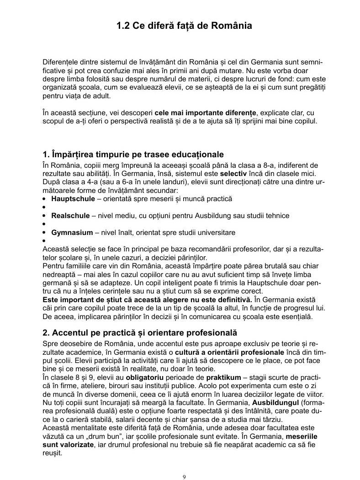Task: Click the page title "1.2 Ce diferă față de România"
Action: pyautogui.click(x=184, y=26)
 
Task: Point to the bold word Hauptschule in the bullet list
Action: pyautogui.click(x=71, y=199)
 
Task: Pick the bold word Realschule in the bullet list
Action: pyautogui.click(x=69, y=216)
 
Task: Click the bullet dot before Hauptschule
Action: pyautogui.click(x=44, y=199)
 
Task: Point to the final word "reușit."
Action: pyautogui.click(x=52, y=453)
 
